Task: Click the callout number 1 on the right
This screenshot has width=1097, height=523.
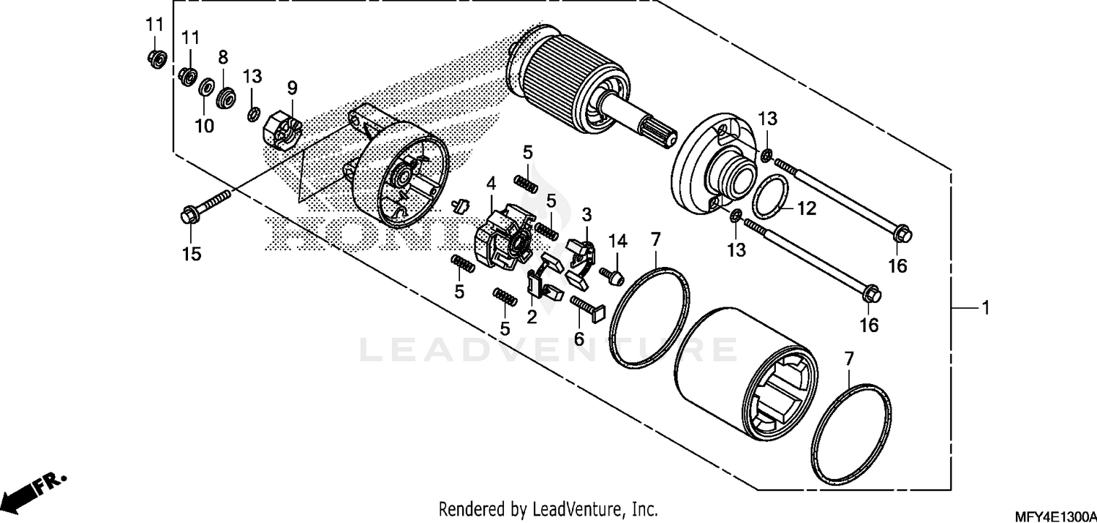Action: (984, 308)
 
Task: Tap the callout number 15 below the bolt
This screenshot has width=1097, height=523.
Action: (191, 254)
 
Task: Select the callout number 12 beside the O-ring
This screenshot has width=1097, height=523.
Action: (805, 209)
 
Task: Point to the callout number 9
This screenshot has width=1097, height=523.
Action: (292, 89)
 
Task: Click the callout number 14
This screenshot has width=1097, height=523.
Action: (618, 241)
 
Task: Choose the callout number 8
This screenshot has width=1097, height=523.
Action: (223, 57)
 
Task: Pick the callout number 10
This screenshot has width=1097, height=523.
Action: (204, 126)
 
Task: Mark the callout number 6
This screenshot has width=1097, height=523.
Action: (578, 339)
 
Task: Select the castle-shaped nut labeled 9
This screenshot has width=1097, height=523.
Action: (282, 129)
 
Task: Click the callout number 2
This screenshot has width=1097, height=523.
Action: (532, 317)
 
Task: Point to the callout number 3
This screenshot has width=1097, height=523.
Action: (587, 214)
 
